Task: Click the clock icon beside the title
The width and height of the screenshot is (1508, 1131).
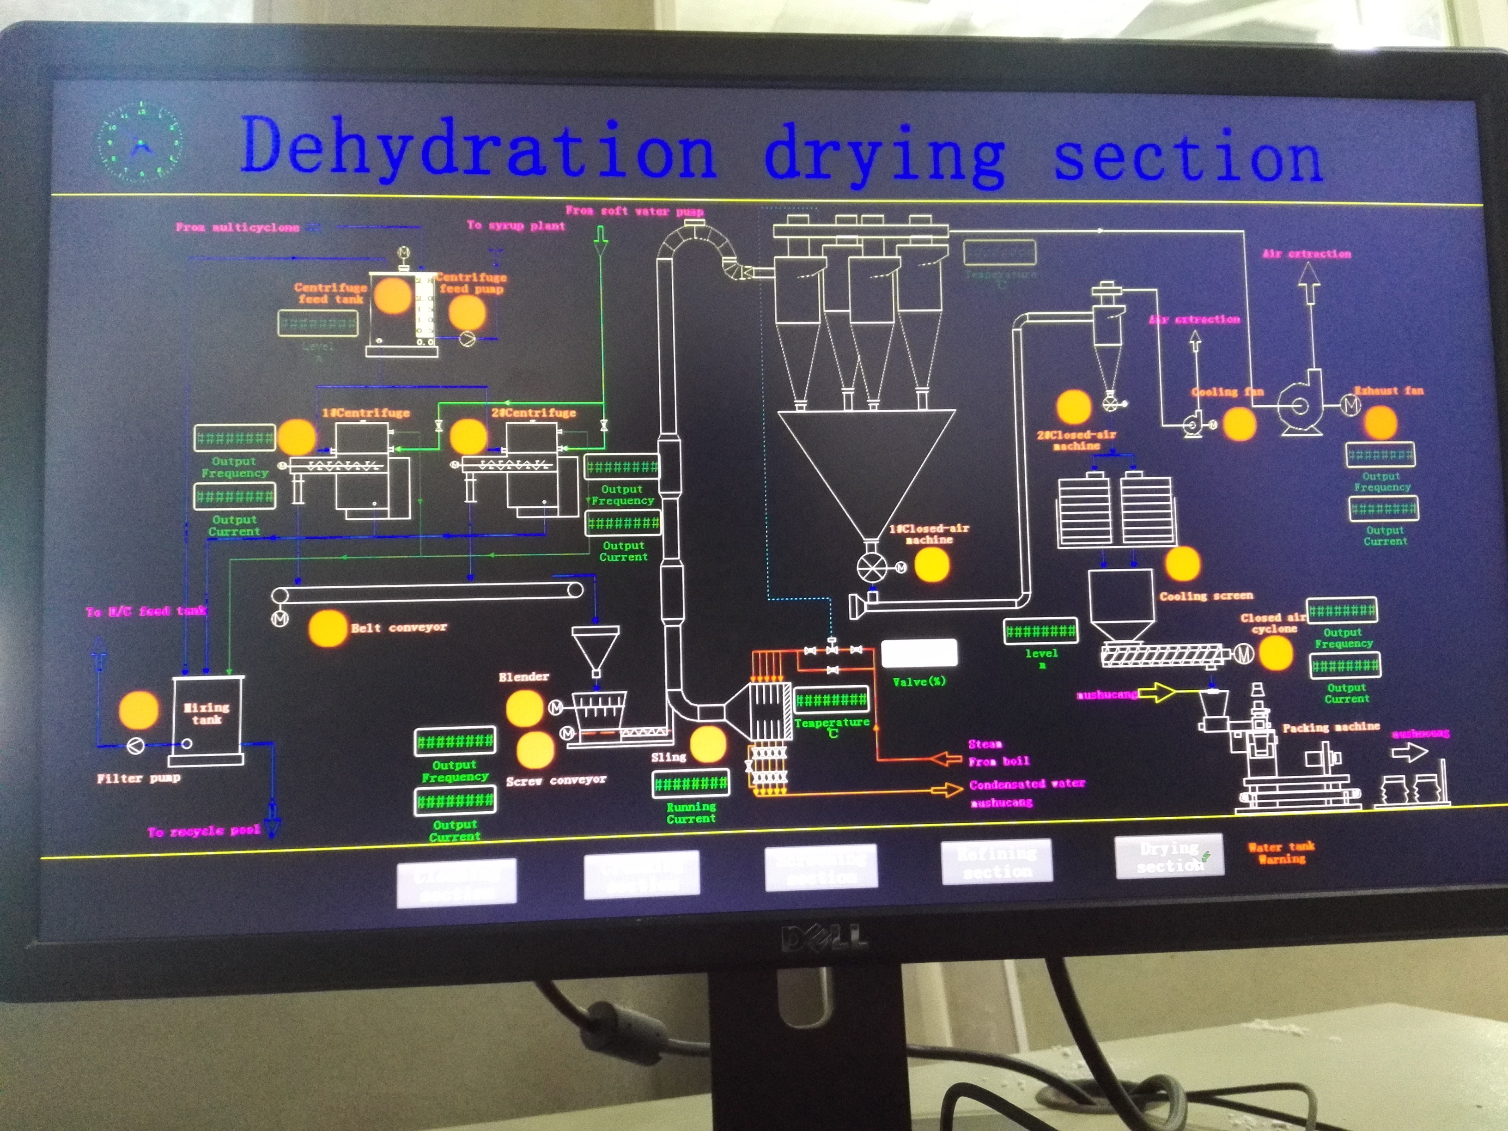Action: point(140,142)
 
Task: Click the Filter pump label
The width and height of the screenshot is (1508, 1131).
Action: point(139,778)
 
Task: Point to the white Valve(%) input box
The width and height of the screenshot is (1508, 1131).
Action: point(919,653)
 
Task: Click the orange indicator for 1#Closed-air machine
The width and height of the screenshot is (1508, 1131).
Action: point(931,565)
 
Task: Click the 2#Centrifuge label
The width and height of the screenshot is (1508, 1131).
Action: point(534,413)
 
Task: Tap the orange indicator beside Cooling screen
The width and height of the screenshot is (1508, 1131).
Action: point(1182,564)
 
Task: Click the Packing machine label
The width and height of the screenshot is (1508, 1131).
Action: point(1331,727)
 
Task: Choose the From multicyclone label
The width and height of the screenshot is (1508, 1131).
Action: point(237,227)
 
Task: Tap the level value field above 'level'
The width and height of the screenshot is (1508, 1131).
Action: point(1040,631)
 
